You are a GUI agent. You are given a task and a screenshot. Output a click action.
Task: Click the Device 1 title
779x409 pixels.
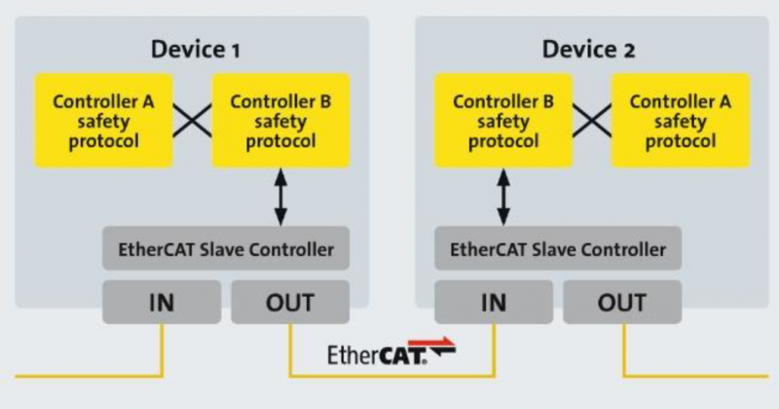coord(196,50)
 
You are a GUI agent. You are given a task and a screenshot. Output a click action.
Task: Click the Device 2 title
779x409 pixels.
coord(588,50)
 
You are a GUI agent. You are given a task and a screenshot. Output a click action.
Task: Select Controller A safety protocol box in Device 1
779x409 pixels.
coord(103,121)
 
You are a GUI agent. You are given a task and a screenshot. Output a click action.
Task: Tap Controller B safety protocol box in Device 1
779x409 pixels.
coord(280,121)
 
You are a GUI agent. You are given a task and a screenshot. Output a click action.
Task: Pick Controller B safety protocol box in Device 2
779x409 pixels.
coord(503,121)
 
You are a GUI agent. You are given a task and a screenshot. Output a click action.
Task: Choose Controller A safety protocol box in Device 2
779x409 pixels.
coord(680,121)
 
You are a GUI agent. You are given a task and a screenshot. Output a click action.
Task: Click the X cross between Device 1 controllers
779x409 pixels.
coord(192,120)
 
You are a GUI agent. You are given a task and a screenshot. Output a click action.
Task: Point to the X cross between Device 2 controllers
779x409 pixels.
coord(592,120)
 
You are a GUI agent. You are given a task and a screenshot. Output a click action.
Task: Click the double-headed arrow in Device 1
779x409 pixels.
coord(280,198)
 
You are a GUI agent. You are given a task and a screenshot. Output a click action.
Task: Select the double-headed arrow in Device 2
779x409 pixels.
coord(503,198)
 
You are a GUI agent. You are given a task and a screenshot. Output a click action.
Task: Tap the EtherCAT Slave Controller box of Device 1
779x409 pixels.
coord(226,248)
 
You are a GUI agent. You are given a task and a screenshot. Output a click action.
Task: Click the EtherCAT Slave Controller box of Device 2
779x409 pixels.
coord(558,248)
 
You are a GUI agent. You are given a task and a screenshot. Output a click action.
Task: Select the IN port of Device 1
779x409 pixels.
coord(162,302)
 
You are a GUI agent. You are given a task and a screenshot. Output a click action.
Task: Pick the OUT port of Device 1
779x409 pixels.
coord(290,302)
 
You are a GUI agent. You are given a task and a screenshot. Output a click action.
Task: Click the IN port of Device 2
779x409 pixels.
coord(494,302)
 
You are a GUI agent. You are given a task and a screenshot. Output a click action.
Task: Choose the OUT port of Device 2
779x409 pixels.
coord(622,302)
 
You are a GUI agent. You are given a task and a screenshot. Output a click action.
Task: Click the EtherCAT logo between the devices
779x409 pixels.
coord(391,352)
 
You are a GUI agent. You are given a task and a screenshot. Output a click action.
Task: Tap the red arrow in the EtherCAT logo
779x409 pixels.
coord(431,343)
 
